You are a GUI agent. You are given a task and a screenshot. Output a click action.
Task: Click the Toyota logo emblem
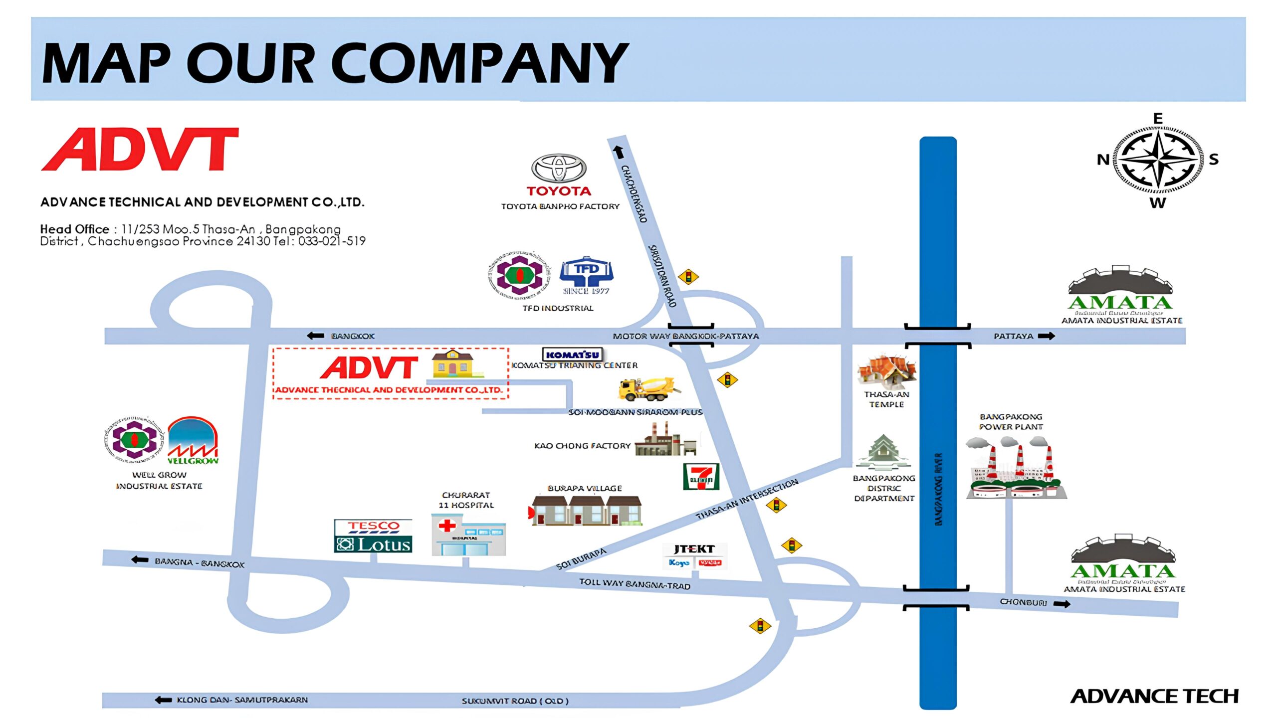click(558, 168)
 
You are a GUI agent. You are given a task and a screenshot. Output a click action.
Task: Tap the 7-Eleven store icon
click(701, 477)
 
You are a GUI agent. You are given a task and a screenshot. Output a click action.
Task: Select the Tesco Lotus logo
click(373, 536)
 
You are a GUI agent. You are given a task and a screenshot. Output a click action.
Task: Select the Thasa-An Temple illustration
click(886, 372)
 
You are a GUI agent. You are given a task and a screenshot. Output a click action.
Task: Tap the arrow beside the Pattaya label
click(1046, 336)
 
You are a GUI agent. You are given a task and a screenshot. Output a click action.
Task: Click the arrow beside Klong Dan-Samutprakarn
click(163, 700)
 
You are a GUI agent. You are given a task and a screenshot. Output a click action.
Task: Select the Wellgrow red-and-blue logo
click(193, 441)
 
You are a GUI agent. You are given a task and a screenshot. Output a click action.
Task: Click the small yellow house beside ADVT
click(453, 363)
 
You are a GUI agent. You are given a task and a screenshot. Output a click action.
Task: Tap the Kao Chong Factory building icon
click(665, 441)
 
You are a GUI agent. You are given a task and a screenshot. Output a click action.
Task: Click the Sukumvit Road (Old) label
click(515, 701)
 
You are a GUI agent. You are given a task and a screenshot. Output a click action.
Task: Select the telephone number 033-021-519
click(332, 241)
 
